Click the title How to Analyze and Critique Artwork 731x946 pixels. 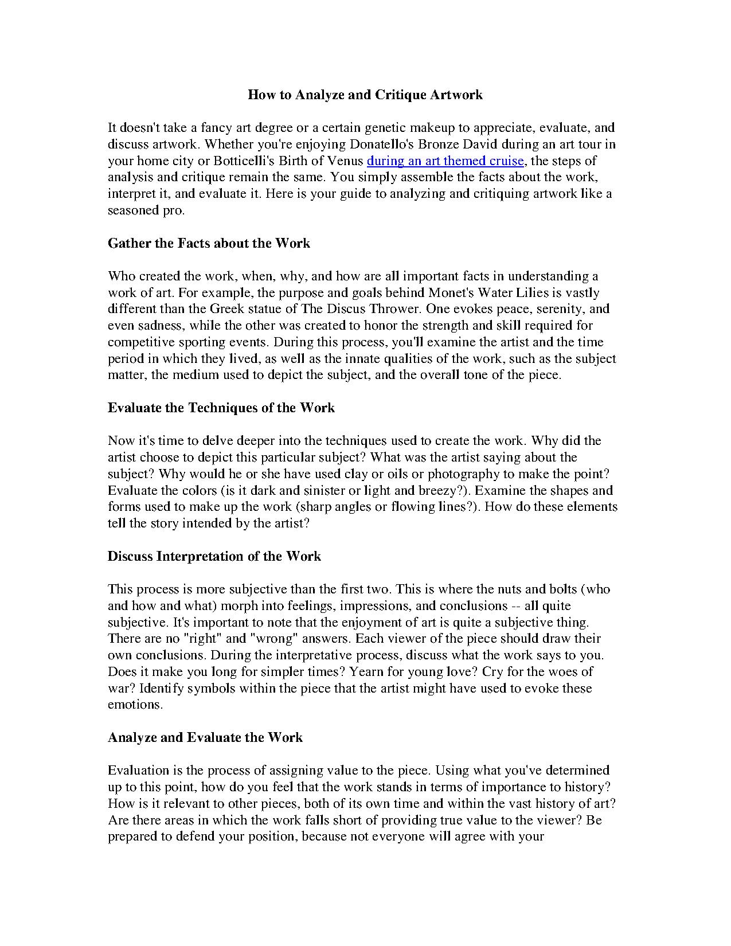tap(365, 95)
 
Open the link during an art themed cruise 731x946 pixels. tap(445, 161)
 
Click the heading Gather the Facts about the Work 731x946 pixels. tap(209, 243)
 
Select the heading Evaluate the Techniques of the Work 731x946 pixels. tap(221, 408)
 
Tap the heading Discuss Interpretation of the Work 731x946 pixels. tap(214, 556)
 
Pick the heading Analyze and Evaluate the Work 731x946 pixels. tap(205, 737)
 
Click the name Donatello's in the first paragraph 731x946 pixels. tap(378, 144)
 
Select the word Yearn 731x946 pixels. tap(367, 671)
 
